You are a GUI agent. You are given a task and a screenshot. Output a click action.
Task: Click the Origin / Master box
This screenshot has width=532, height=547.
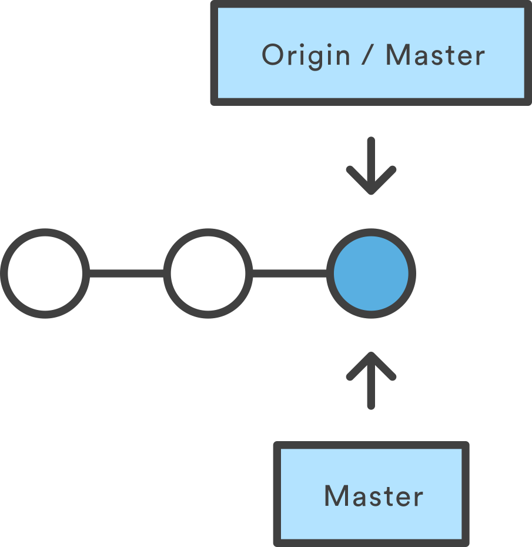[x=371, y=53]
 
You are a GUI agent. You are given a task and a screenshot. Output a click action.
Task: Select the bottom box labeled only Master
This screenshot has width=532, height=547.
[x=371, y=494]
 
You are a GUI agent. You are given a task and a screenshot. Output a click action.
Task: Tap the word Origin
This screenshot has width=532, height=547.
[x=306, y=56]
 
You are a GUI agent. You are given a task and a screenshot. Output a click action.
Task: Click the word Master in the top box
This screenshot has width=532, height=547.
[x=436, y=55]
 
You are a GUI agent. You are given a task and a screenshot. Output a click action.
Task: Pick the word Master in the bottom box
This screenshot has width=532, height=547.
[x=374, y=495]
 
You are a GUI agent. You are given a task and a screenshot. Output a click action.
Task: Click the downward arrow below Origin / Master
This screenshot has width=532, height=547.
[x=371, y=166]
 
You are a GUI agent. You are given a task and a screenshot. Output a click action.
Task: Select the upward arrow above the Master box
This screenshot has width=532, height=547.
[x=371, y=381]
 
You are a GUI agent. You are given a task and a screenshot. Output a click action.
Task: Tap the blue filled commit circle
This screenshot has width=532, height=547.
[x=371, y=273]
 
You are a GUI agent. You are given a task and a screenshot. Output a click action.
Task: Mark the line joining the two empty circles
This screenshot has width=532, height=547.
[x=126, y=273]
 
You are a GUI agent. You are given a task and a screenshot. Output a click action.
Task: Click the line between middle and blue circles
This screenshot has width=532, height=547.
[x=290, y=273]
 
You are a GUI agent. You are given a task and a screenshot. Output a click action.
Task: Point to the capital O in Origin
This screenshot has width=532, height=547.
[x=272, y=55]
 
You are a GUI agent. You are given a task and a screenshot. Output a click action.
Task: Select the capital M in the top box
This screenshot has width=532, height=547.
[x=397, y=55]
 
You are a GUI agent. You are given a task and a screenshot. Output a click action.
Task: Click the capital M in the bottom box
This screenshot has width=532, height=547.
[x=336, y=495]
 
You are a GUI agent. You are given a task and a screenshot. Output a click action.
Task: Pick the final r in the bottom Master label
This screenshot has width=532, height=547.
[x=419, y=498]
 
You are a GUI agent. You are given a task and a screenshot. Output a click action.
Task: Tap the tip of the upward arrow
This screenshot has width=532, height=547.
[x=371, y=352]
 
